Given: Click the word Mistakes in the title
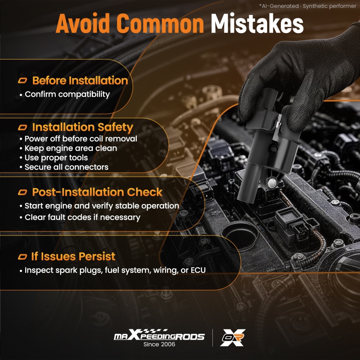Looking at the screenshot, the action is [257, 24].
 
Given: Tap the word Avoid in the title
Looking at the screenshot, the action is [83, 24].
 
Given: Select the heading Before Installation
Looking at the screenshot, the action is [80, 81].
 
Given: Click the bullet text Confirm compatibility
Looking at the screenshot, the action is [67, 94].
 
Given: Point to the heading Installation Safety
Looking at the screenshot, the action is [83, 127].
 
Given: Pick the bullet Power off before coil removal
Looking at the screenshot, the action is [81, 139].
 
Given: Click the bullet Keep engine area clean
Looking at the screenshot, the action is [71, 148].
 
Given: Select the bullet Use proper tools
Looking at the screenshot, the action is [56, 158].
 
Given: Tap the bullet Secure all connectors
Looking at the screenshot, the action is [66, 167].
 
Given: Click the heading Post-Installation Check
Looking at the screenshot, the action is [97, 192].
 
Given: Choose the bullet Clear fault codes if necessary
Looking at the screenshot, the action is [82, 217].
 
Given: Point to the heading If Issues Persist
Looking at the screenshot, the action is [73, 256].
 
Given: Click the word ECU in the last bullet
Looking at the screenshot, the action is [198, 270].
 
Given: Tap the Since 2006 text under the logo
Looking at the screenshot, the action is [159, 344].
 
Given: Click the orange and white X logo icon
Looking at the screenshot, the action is [233, 338].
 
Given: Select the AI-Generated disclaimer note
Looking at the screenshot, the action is [308, 6].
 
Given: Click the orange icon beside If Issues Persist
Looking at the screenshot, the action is [22, 257].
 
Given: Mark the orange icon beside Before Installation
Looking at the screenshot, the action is [22, 81].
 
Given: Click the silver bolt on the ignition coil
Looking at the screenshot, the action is [272, 183].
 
